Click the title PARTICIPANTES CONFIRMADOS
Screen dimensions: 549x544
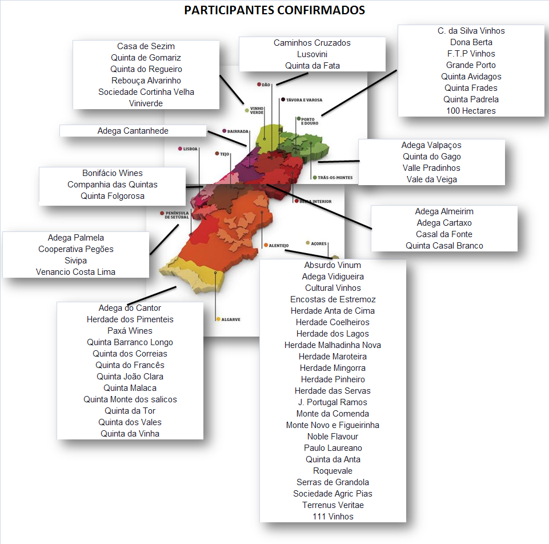[274, 10]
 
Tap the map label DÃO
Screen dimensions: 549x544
[266, 85]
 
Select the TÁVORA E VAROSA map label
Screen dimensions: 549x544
[304, 100]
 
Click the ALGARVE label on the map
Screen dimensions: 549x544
[231, 319]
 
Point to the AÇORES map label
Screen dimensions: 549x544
[319, 243]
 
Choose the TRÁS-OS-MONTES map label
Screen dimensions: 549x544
[335, 178]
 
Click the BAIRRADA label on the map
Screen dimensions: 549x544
[238, 131]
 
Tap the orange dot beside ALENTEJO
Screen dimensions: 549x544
[266, 245]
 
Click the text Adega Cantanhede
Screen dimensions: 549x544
[133, 131]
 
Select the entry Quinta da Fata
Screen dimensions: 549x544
[312, 66]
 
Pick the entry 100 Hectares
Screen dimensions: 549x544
[471, 111]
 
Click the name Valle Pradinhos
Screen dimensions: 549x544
[431, 168]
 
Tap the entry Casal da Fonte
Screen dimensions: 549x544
[444, 234]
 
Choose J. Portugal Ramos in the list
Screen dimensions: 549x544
[332, 402]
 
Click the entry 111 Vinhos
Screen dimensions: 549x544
[333, 517]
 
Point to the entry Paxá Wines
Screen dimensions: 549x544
[130, 331]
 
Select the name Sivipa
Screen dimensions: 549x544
[75, 260]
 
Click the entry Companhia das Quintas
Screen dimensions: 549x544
[113, 184]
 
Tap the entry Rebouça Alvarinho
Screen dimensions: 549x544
[146, 80]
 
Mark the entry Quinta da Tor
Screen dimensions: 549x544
[130, 410]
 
